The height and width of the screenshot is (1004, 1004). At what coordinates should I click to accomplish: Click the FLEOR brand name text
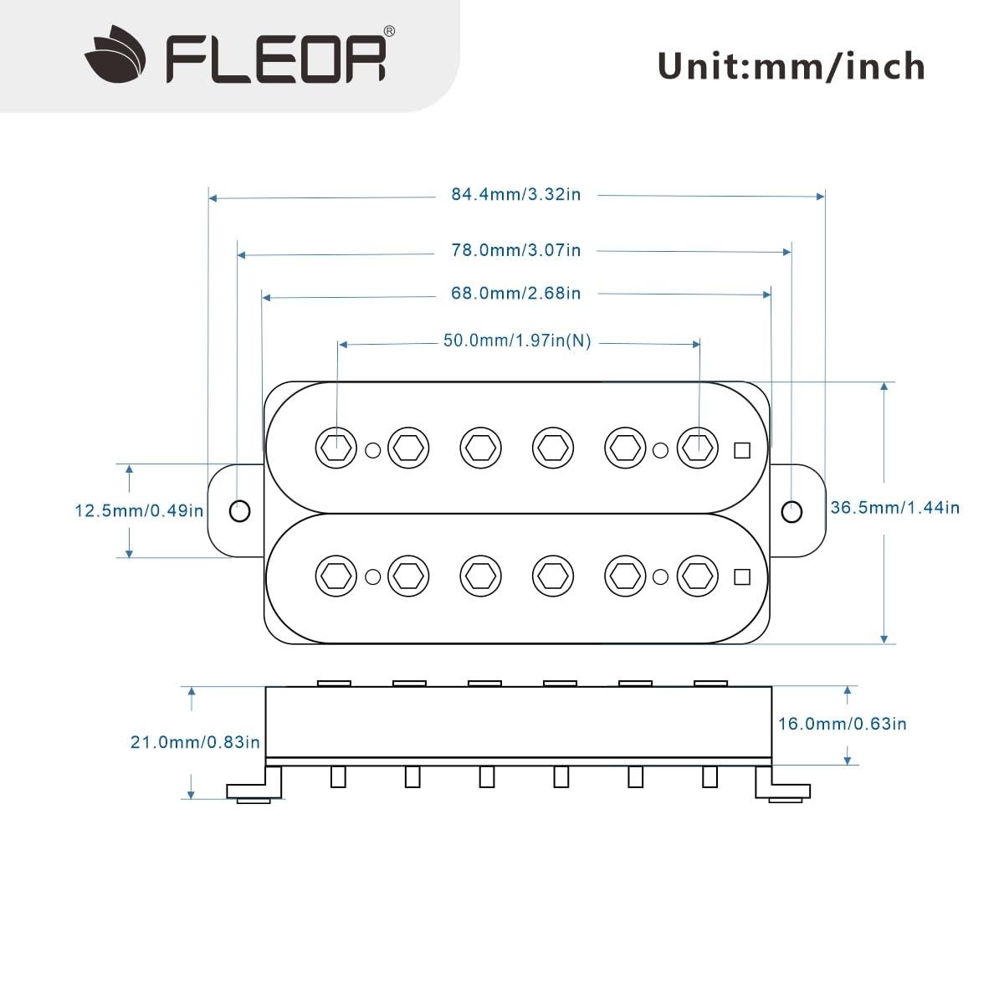point(276,59)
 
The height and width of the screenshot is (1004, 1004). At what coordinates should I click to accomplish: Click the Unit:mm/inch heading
point(791,66)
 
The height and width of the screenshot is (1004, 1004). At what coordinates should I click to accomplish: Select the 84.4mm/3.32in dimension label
point(515,194)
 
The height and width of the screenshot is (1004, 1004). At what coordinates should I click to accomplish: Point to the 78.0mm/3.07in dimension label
point(515,250)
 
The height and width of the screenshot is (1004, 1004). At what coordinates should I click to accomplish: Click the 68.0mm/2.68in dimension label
point(515,294)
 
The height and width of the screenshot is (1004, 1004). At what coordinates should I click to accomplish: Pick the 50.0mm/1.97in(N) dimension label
point(517,341)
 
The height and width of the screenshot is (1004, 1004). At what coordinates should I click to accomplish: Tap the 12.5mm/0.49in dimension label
point(139,510)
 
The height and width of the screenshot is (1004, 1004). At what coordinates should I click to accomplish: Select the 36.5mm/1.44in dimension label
point(894,508)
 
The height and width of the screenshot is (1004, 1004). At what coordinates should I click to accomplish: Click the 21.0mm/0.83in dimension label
point(195,742)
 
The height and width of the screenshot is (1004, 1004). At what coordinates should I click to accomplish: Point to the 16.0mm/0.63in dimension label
point(842,724)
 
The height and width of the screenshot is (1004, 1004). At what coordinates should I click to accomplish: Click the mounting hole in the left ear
point(239,510)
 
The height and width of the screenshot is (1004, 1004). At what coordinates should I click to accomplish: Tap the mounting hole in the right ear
point(791,511)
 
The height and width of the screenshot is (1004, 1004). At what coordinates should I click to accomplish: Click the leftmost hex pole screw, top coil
point(336,448)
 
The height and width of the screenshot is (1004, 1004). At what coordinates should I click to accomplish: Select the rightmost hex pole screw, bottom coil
point(698,576)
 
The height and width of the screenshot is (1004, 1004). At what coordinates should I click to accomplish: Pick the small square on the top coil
point(741,450)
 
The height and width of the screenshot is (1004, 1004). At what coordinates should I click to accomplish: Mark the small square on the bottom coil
point(741,576)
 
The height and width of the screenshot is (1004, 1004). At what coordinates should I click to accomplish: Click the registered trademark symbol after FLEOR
point(389,31)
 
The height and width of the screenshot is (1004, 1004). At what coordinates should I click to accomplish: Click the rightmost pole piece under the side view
point(709,777)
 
